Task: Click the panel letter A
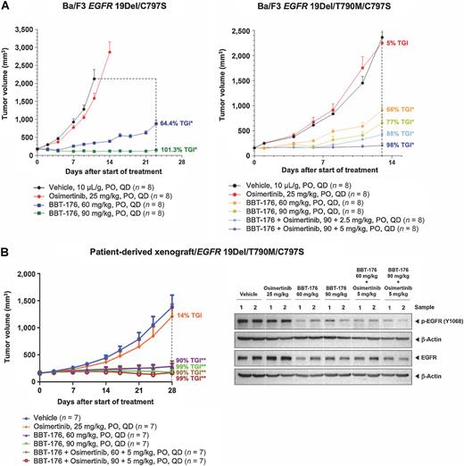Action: [x=6, y=6]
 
